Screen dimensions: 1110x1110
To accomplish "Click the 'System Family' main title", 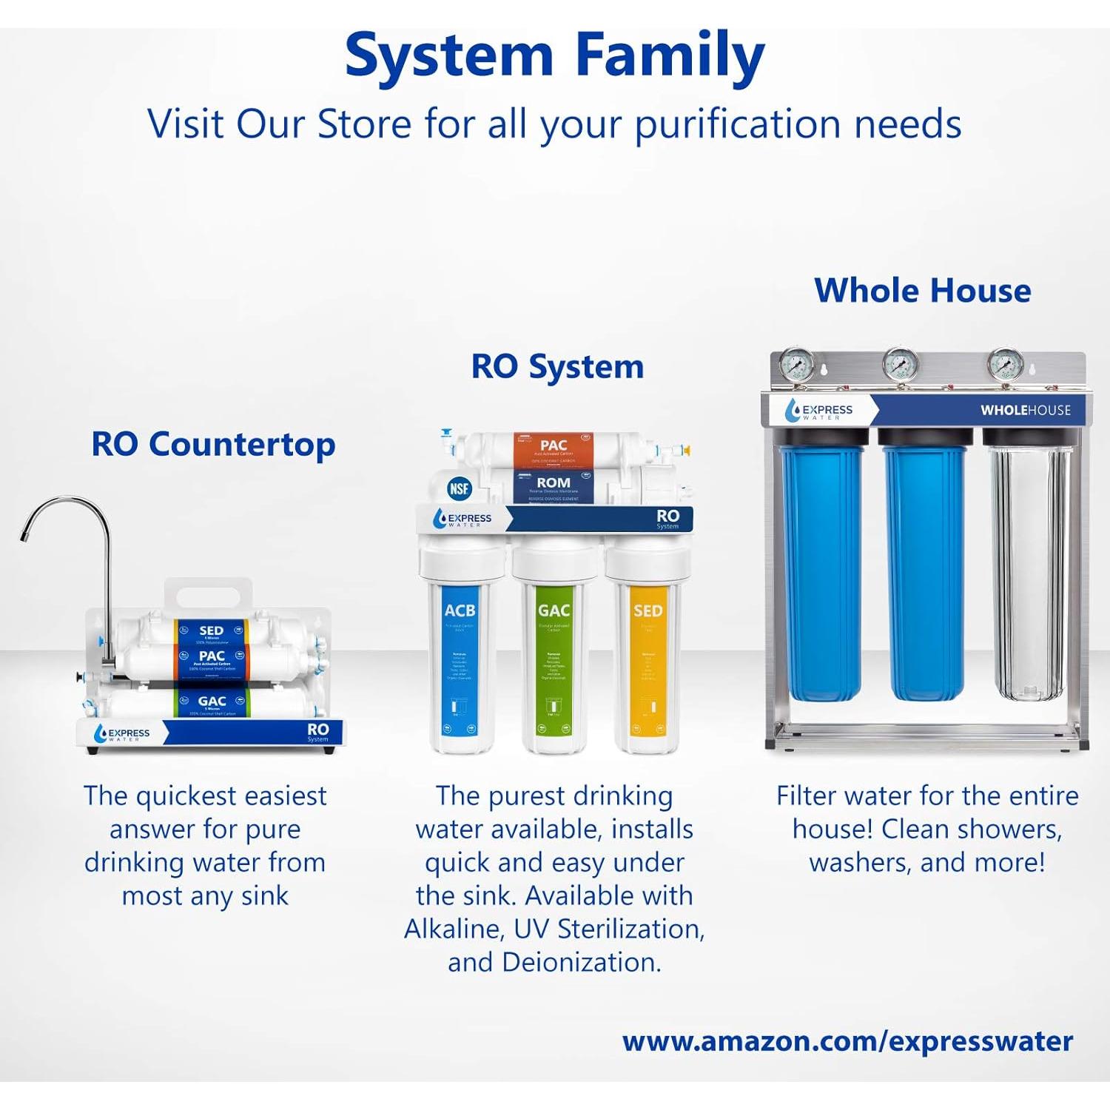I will (x=554, y=56).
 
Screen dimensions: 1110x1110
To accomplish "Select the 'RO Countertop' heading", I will (x=213, y=445).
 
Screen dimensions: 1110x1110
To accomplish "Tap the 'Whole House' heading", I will (x=922, y=290).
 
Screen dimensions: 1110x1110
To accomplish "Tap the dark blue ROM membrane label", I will (x=554, y=485).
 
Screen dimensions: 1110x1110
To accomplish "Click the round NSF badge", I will (x=460, y=488).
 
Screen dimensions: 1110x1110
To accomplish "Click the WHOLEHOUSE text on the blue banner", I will (x=1026, y=410).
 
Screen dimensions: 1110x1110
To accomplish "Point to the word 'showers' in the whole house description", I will (x=1010, y=829).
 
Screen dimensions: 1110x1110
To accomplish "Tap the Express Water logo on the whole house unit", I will (x=819, y=411).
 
